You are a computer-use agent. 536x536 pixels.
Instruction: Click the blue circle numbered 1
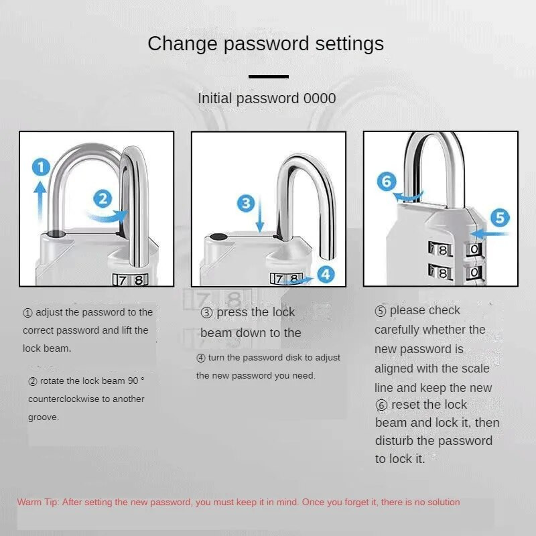pyautogui.click(x=41, y=167)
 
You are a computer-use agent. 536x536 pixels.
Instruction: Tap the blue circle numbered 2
pyautogui.click(x=103, y=198)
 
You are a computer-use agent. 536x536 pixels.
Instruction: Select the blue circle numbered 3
pyautogui.click(x=246, y=204)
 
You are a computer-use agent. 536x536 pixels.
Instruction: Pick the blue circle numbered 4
pyautogui.click(x=326, y=275)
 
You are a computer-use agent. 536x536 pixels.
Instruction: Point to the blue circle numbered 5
pyautogui.click(x=500, y=218)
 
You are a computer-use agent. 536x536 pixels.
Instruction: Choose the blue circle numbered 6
pyautogui.click(x=387, y=181)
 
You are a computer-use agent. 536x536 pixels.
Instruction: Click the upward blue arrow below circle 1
pyautogui.click(x=40, y=201)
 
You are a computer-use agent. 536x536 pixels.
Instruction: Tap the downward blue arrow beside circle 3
pyautogui.click(x=260, y=214)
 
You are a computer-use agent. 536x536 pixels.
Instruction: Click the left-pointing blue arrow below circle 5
pyautogui.click(x=489, y=234)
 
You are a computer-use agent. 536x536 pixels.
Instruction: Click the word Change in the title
pyautogui.click(x=182, y=44)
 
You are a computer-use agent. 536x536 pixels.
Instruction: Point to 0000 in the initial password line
pyautogui.click(x=320, y=98)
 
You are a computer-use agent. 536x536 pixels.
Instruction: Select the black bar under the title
pyautogui.click(x=269, y=76)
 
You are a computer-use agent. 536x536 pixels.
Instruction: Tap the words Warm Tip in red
pyautogui.click(x=38, y=502)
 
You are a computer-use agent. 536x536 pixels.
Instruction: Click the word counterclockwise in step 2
pyautogui.click(x=86, y=399)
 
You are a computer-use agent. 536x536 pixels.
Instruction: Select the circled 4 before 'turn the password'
pyautogui.click(x=200, y=358)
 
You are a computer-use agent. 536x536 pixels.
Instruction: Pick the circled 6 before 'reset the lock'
pyautogui.click(x=381, y=405)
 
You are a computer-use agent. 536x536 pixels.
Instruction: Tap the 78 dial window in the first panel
pyautogui.click(x=130, y=280)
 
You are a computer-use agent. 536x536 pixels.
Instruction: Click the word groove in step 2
pyautogui.click(x=44, y=417)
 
